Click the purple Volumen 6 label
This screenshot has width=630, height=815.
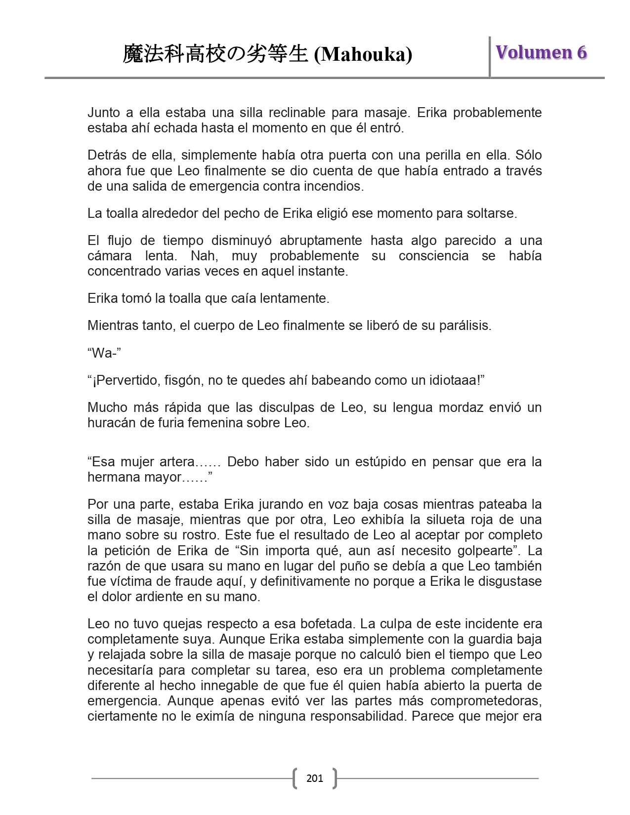(x=542, y=52)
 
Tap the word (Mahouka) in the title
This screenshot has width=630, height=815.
(x=363, y=54)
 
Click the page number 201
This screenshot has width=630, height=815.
(x=315, y=778)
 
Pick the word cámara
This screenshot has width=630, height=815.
(x=109, y=256)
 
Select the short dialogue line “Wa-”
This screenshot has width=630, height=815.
(x=104, y=353)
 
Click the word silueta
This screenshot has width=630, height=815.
(x=440, y=520)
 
